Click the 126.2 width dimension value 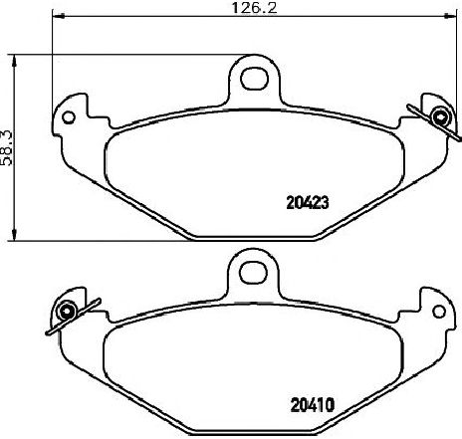(254, 7)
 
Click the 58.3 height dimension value (7, 148)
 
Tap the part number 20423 (308, 202)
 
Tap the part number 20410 (313, 405)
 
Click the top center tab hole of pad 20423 (254, 79)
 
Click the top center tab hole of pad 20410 (254, 273)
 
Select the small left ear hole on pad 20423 (69, 117)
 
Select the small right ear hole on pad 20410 (439, 312)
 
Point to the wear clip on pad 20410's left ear (72, 316)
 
